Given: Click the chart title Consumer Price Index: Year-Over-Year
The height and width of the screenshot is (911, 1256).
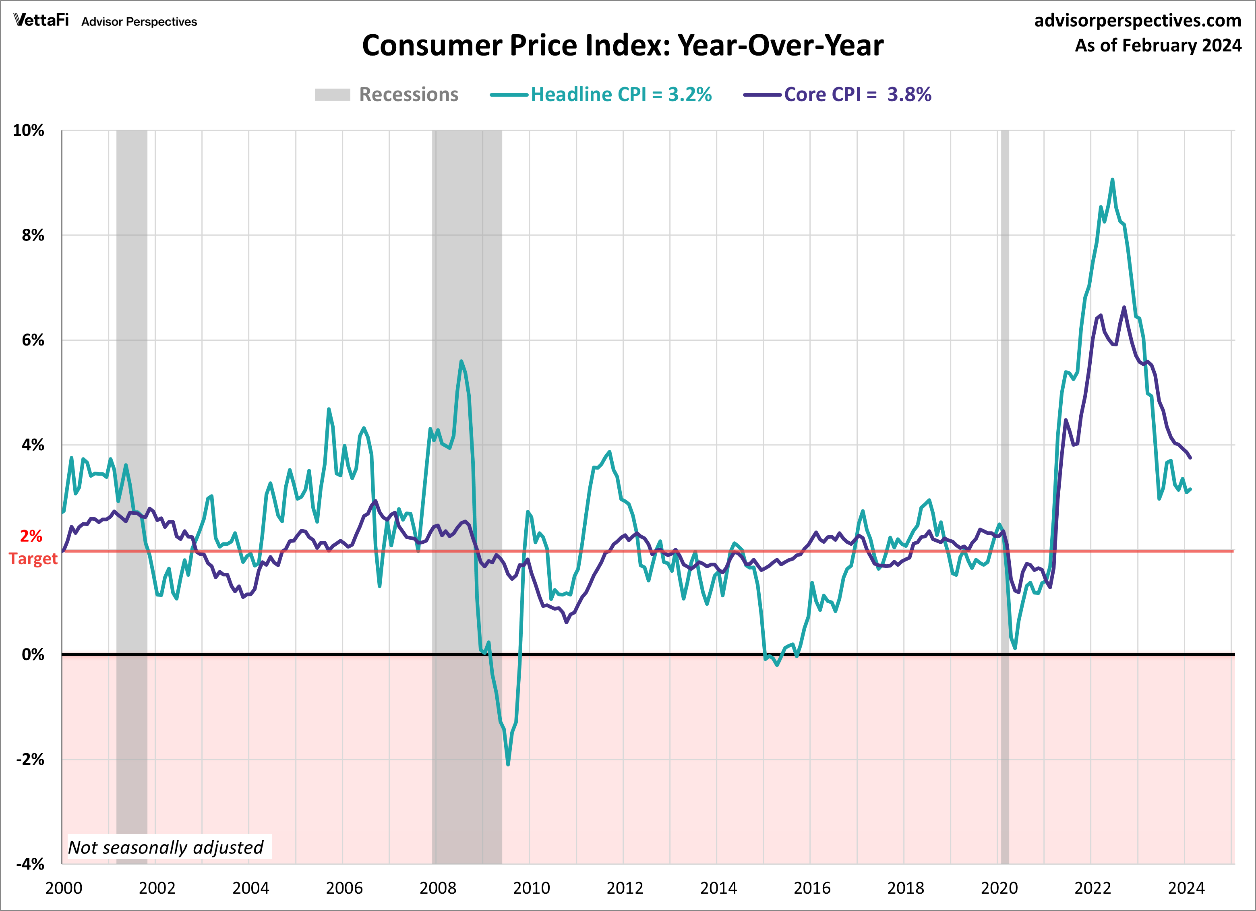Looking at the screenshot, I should (623, 46).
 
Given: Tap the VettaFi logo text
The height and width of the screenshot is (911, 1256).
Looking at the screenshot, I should (41, 21).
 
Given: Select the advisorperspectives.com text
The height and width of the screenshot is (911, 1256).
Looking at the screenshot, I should (1138, 21).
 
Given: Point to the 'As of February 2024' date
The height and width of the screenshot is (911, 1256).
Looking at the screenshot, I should (1158, 46).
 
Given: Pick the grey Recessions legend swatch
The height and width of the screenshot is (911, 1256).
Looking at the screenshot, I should (332, 95).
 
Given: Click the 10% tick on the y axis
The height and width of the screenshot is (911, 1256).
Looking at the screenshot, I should (28, 131).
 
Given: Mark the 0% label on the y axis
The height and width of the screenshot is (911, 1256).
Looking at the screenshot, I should (33, 654).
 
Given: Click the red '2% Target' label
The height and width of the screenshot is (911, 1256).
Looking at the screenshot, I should (33, 547).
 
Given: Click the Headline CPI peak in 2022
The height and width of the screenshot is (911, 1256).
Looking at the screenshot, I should (1112, 180).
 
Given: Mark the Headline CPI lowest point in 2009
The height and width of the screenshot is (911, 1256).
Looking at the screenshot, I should (508, 764).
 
